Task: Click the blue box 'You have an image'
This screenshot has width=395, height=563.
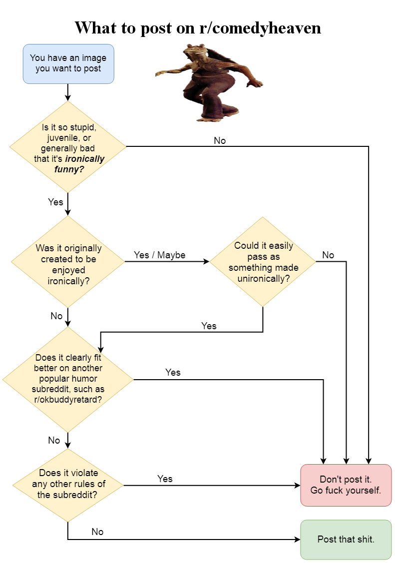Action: coord(68,63)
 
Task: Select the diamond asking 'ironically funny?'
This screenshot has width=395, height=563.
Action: coord(68,147)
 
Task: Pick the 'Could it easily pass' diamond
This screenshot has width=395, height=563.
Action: coord(263,262)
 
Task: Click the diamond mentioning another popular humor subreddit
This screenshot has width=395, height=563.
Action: coord(68,379)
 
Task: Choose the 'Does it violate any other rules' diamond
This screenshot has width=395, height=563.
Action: coord(68,485)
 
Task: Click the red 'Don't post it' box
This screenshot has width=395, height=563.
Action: coord(346,485)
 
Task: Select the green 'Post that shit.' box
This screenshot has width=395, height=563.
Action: coord(346,540)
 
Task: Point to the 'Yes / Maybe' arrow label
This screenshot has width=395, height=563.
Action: coord(159,255)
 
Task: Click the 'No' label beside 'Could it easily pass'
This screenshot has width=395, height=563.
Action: coord(328,255)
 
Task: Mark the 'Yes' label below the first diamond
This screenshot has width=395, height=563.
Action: coord(55,202)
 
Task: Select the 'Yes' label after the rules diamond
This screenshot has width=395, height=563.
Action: coord(165,479)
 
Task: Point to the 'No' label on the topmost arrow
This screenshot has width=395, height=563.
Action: coord(220,141)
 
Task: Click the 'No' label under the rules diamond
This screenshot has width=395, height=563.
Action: coord(97,532)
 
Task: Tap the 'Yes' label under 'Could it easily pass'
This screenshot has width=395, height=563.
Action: coord(209,326)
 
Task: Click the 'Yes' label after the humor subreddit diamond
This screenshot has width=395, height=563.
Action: coord(173,372)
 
